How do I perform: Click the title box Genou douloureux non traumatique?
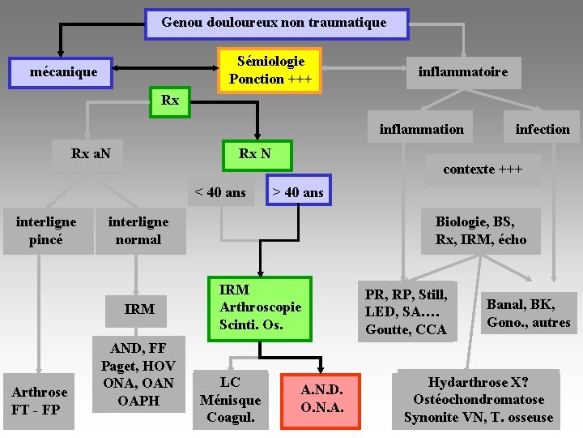click(x=276, y=24)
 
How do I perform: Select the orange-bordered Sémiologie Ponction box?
click(x=270, y=70)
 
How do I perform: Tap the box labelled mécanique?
click(x=63, y=72)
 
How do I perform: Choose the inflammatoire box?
click(x=463, y=72)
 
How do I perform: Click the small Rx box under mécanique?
click(x=170, y=101)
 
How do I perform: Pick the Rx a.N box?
click(x=91, y=153)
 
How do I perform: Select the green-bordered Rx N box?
click(x=254, y=153)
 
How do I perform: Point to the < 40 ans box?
click(x=219, y=192)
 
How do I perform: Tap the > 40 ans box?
click(x=297, y=192)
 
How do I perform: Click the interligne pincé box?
click(x=47, y=231)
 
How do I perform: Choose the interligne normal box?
click(x=138, y=231)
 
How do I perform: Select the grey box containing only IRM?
click(x=139, y=309)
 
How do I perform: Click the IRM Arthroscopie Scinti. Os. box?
click(x=259, y=307)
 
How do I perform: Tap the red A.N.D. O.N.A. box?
click(x=321, y=398)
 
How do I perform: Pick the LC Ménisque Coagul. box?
click(x=231, y=400)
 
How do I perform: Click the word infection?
click(x=543, y=129)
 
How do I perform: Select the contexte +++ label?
click(x=483, y=170)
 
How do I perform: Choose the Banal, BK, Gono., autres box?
click(x=528, y=313)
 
